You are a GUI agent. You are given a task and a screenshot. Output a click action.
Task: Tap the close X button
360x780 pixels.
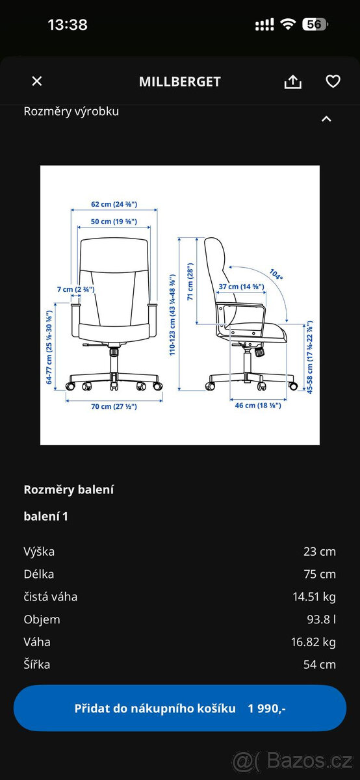[37, 81]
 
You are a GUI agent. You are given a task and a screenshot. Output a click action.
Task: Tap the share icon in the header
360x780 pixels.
[293, 81]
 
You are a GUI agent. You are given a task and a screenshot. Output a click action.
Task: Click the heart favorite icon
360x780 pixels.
[333, 81]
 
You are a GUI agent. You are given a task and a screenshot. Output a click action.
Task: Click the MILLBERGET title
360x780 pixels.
[179, 82]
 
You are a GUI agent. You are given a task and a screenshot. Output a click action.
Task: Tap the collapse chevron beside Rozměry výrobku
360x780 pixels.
[326, 119]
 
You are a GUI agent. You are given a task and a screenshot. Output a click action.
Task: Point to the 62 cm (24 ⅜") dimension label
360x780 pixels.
[114, 204]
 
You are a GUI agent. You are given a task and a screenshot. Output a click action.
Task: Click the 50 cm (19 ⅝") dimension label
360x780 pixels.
[114, 222]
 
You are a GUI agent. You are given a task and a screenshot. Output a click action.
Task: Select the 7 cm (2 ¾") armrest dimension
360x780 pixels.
[76, 289]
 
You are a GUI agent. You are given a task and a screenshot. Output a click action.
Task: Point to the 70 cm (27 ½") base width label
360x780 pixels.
[114, 406]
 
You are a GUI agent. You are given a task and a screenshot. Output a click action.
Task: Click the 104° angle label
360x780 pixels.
[276, 274]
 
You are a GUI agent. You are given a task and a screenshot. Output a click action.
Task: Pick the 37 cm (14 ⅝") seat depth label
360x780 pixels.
[241, 287]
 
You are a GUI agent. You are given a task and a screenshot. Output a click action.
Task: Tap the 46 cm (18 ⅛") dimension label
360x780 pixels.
[258, 406]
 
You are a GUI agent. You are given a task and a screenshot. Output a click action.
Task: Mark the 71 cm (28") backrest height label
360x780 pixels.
[190, 281]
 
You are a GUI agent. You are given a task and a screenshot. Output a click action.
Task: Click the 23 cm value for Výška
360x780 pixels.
[320, 552]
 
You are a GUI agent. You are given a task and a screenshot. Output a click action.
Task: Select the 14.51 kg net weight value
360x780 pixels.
[314, 597]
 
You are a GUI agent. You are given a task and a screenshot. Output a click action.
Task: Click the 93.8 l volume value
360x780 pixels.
[322, 619]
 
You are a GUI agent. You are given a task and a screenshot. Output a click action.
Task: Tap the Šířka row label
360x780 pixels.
[37, 664]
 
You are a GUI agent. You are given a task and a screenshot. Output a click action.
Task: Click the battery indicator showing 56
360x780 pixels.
[315, 25]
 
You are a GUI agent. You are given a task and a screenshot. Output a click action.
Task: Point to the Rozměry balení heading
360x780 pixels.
[69, 489]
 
